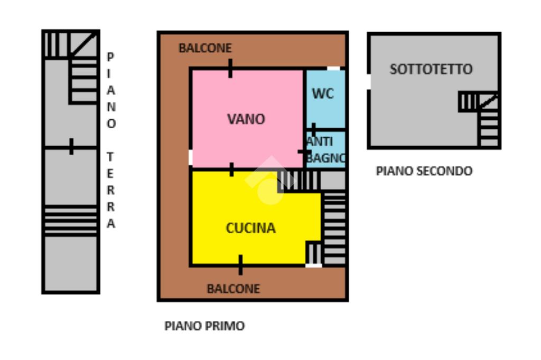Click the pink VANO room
coord(246,119)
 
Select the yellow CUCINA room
coord(250,228)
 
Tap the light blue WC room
coord(323,94)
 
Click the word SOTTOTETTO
coord(431,69)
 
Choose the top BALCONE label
coord(205,48)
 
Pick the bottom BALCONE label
coord(233,289)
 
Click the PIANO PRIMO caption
coord(204,326)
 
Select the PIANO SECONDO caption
coord(424,171)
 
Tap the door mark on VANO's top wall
coord(230,68)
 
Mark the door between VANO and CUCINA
coord(231,169)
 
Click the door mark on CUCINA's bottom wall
coord(240,264)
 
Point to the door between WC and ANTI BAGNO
coord(313,129)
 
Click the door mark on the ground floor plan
coord(71,146)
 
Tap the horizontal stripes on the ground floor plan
coord(71,220)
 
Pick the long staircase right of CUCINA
coord(334,227)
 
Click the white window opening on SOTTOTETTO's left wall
coord(368,81)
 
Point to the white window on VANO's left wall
coord(190,157)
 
